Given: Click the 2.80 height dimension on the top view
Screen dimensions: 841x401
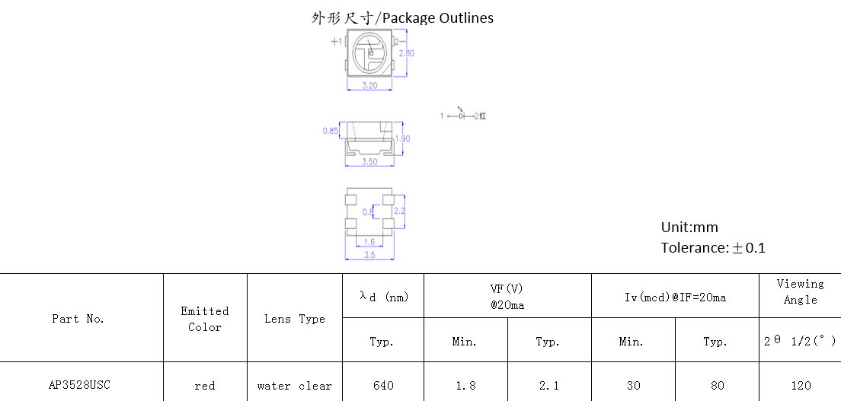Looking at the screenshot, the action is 407,53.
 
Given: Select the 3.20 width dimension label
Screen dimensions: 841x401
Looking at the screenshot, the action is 369,85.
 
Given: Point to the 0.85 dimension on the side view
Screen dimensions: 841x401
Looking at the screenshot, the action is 331,130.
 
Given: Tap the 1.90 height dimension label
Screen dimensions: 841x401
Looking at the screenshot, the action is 402,138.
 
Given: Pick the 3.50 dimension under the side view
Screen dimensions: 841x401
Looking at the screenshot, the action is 369,161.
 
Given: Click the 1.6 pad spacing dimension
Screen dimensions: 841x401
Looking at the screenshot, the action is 369,242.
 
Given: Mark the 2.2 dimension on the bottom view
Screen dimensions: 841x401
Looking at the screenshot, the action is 400,211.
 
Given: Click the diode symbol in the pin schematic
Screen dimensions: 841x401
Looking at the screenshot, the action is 462,115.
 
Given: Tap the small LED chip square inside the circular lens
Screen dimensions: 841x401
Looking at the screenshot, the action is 370,53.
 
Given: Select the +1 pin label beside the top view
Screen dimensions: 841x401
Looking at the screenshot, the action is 336,41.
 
